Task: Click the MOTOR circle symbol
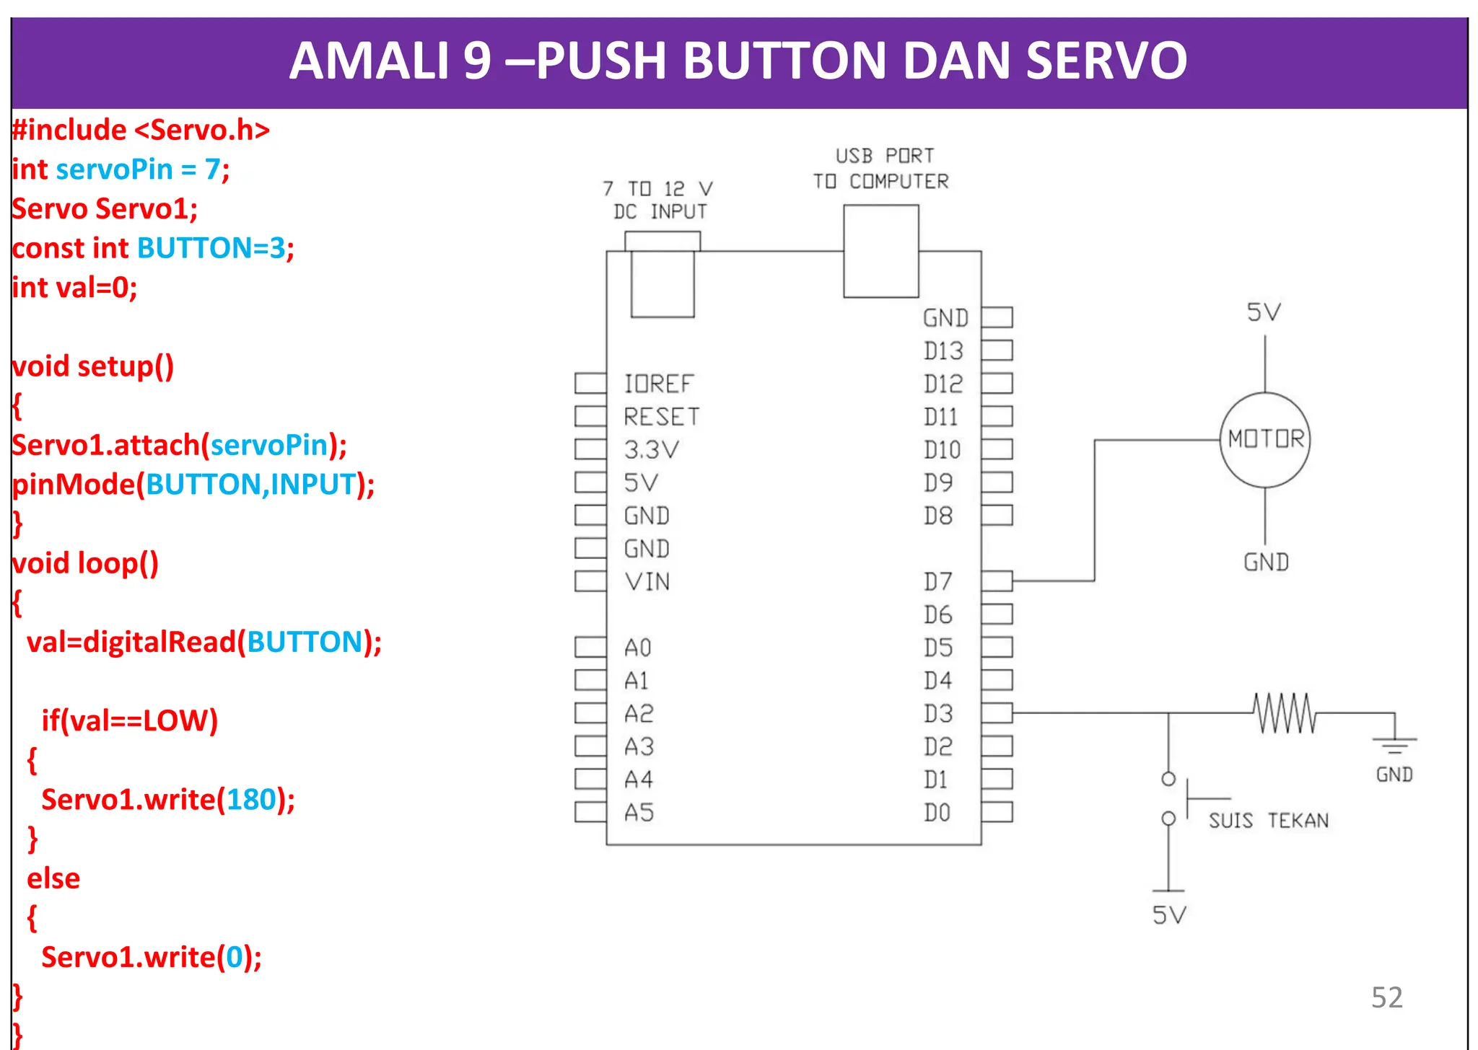pyautogui.click(x=1264, y=439)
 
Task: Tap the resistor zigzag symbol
pyautogui.click(x=1285, y=713)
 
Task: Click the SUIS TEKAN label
pyautogui.click(x=1268, y=821)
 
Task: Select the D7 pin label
pyautogui.click(x=937, y=581)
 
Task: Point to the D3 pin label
pyautogui.click(x=937, y=713)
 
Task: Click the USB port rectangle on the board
pyautogui.click(x=880, y=251)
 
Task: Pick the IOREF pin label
pyautogui.click(x=658, y=384)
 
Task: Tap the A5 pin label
pyautogui.click(x=639, y=813)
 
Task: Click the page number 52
pyautogui.click(x=1386, y=997)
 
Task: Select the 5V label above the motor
pyautogui.click(x=1264, y=312)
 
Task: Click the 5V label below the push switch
pyautogui.click(x=1169, y=915)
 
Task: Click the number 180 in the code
pyautogui.click(x=251, y=800)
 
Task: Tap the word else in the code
pyautogui.click(x=53, y=878)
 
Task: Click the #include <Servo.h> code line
pyautogui.click(x=141, y=130)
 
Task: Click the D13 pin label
pyautogui.click(x=943, y=351)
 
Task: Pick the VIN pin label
pyautogui.click(x=647, y=581)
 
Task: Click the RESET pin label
pyautogui.click(x=661, y=417)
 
